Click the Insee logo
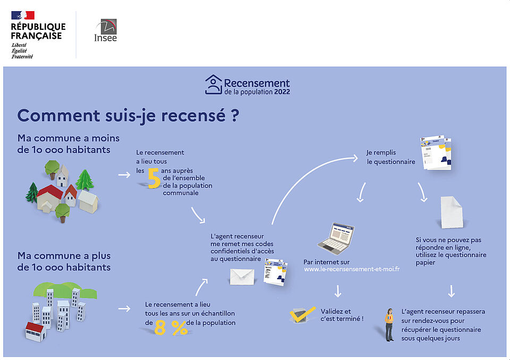105,30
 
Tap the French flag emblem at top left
23,15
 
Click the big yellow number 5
154,178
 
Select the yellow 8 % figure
171,328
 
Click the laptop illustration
336,238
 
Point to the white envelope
242,277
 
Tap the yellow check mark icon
302,314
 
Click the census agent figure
389,324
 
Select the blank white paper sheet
452,212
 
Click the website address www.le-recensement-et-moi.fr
352,269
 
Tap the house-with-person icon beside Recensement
214,84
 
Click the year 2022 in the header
282,92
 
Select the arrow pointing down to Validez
338,291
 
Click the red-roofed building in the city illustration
35,332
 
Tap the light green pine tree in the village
84,179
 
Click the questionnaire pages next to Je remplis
436,153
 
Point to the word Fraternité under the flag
22,57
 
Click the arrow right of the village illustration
124,175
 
